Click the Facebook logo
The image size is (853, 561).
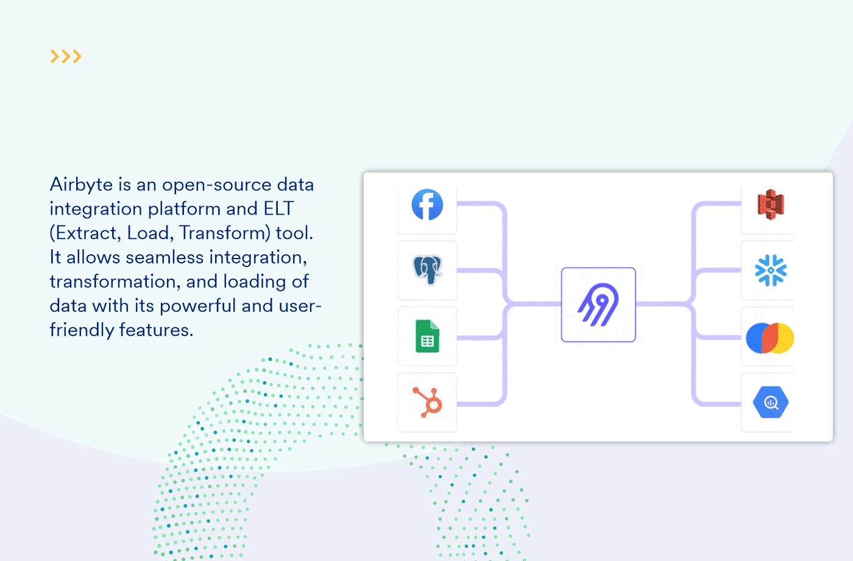tap(427, 205)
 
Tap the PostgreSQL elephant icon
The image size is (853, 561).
tap(427, 270)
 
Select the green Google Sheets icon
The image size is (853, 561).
tap(427, 337)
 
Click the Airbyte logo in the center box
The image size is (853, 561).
tap(598, 304)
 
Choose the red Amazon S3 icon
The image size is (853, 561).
tap(771, 204)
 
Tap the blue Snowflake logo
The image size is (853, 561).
tap(771, 270)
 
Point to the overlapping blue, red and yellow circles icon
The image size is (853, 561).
tap(770, 338)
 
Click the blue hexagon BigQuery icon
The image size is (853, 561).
tap(771, 402)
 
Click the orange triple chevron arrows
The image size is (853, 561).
tap(66, 57)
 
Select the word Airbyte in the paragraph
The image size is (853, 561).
tap(82, 185)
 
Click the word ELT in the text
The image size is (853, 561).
tap(278, 209)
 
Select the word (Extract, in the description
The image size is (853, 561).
tap(86, 234)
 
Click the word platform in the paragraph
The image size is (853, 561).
tap(185, 209)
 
